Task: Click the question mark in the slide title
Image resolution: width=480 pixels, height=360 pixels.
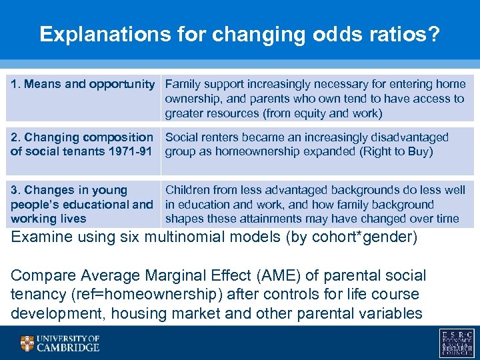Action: click(x=435, y=35)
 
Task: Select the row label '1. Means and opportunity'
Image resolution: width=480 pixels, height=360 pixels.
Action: click(x=82, y=84)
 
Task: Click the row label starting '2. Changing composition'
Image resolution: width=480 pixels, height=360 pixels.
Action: click(x=81, y=137)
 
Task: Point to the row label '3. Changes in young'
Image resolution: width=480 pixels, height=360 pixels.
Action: click(x=69, y=191)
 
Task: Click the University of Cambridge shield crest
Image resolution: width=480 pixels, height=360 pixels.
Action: click(x=27, y=343)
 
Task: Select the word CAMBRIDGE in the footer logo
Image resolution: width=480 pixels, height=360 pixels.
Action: click(x=68, y=347)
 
